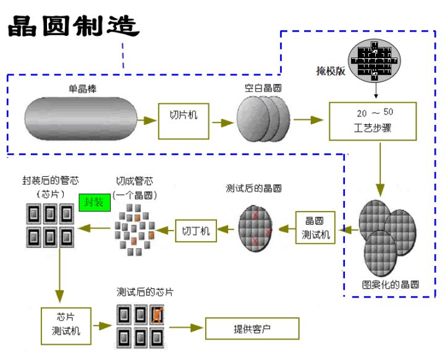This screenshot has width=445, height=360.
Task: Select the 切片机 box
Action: click(184, 116)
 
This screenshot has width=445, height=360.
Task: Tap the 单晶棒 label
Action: click(82, 89)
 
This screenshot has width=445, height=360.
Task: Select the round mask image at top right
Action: click(375, 61)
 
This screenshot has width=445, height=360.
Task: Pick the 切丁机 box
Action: click(196, 230)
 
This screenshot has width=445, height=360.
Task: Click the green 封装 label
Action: click(94, 202)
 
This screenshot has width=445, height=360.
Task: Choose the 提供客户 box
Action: click(252, 328)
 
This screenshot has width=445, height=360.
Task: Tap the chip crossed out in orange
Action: click(158, 315)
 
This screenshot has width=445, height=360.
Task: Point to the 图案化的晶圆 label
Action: click(390, 285)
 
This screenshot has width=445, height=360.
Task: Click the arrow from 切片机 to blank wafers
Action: click(222, 121)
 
